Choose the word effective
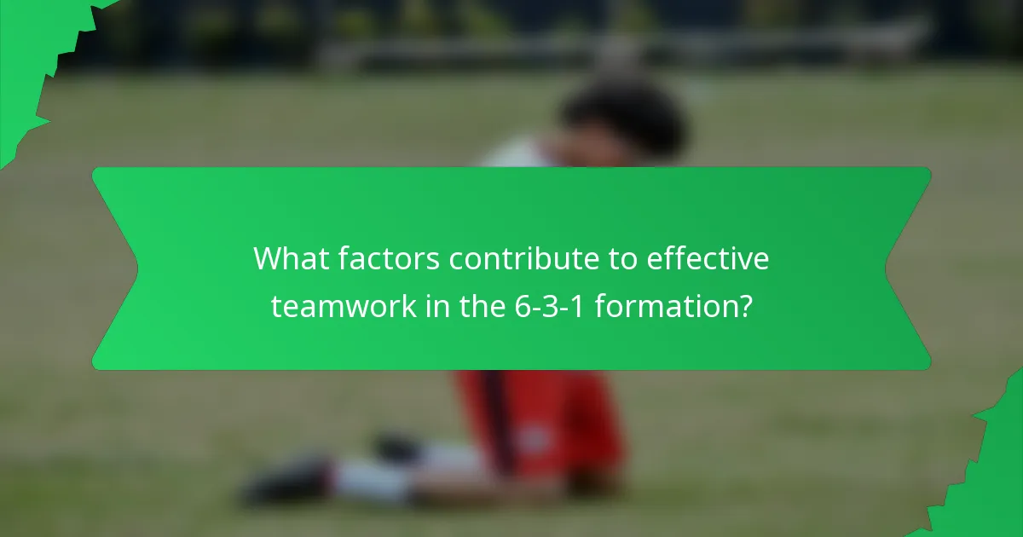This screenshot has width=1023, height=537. click(x=708, y=259)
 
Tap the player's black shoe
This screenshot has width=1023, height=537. click(x=286, y=482)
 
